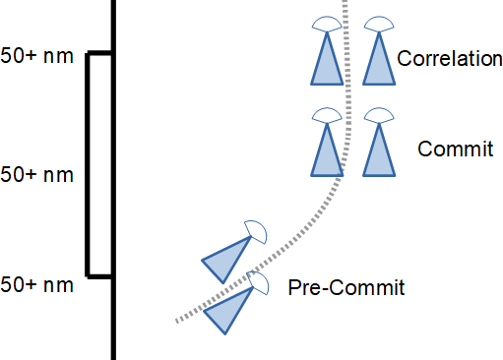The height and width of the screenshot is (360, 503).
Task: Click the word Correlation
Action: click(x=450, y=59)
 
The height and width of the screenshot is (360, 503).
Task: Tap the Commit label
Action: click(x=456, y=149)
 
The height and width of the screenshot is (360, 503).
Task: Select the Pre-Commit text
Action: click(x=346, y=288)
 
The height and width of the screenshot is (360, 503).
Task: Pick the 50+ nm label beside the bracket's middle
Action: click(x=37, y=175)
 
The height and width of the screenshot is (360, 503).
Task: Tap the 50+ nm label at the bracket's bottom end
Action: click(x=37, y=285)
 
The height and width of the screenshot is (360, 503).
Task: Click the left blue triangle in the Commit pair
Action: click(x=327, y=155)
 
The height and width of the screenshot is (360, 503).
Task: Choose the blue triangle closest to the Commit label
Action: click(x=378, y=155)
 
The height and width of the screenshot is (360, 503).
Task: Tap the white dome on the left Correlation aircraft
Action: click(x=327, y=24)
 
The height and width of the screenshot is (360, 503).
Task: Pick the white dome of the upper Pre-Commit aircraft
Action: click(x=256, y=231)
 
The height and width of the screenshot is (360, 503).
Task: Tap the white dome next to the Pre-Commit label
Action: click(x=261, y=283)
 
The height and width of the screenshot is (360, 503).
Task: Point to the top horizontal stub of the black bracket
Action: click(x=100, y=54)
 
